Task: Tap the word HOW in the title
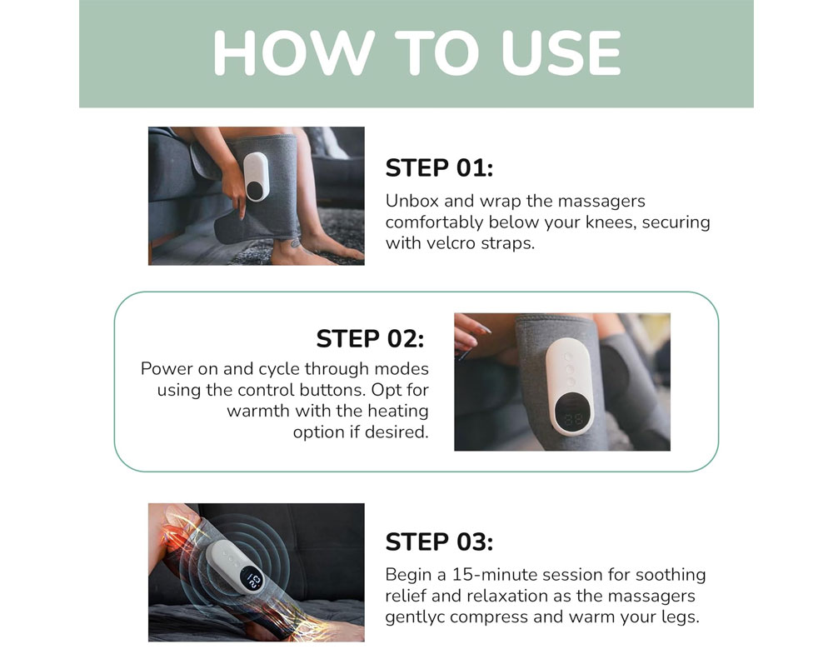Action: click(294, 52)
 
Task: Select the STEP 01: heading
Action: click(439, 168)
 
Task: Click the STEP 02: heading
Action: click(371, 338)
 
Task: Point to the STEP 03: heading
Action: click(439, 542)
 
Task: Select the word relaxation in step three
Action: click(499, 596)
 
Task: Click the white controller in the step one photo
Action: click(257, 177)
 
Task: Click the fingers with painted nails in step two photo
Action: click(470, 332)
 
